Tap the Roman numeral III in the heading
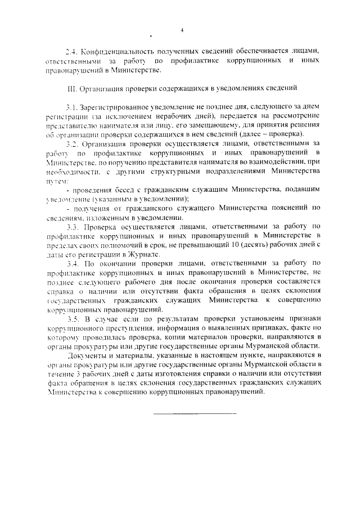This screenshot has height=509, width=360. click(x=71, y=88)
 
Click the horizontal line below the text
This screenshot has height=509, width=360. click(x=195, y=415)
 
